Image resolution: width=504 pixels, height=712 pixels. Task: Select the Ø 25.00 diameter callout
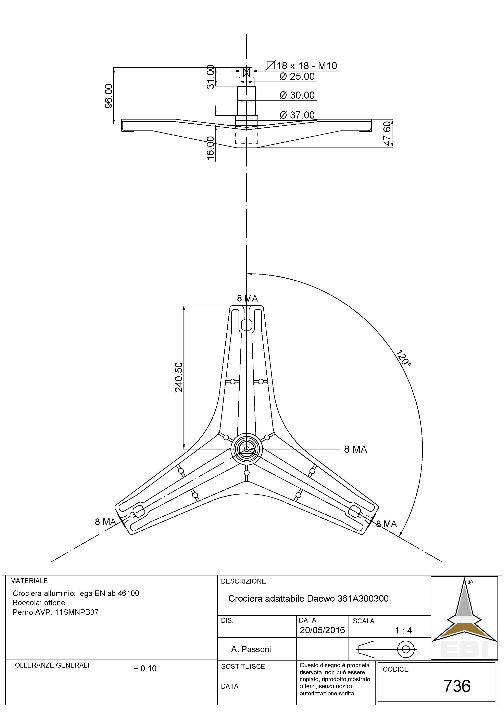pos(297,76)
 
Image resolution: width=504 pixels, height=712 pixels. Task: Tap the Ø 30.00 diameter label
pos(297,95)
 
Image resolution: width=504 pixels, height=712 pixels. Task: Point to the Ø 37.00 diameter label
pos(297,115)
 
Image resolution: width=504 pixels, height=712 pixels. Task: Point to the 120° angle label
pos(403,358)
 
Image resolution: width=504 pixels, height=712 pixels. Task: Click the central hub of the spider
pos(247,449)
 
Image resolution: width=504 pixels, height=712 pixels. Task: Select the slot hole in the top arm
pos(247,325)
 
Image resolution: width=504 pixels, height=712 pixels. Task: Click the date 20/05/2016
pos(322,630)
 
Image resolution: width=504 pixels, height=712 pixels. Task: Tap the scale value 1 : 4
pos(403,630)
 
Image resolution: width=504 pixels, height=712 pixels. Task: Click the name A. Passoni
pos(251,649)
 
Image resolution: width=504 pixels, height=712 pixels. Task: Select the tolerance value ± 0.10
pos(145,668)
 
